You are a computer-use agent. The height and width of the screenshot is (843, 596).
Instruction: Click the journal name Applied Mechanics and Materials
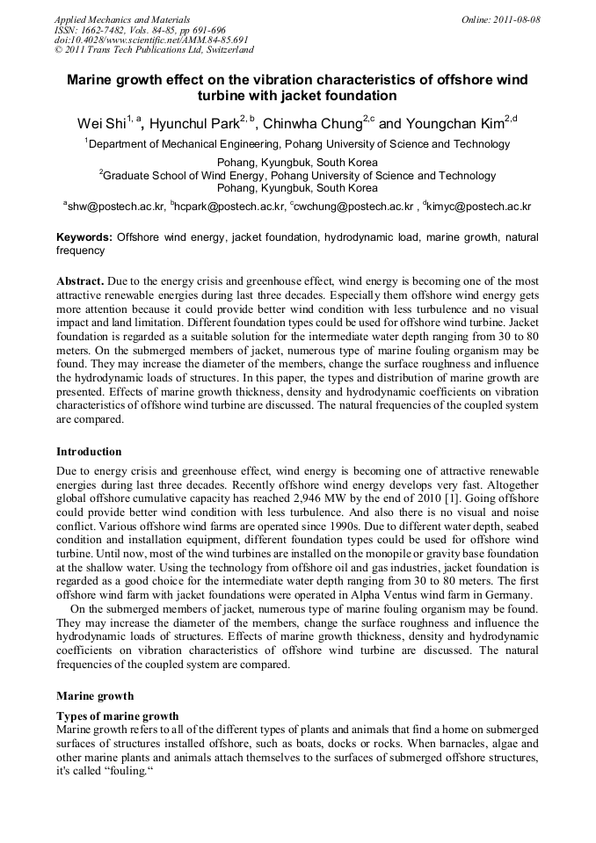tap(121, 19)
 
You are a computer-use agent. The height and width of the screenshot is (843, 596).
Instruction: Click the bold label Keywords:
tap(84, 237)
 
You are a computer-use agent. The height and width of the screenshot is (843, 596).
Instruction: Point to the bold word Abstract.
tap(80, 281)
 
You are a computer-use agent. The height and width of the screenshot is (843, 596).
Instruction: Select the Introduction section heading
tap(89, 452)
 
